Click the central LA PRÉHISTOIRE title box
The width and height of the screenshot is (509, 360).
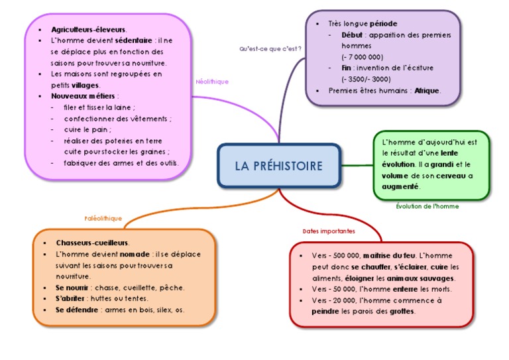[278, 165]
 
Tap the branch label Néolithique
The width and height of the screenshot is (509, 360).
[212, 82]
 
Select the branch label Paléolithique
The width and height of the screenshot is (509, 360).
[103, 218]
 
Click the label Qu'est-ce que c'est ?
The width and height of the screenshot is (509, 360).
[270, 49]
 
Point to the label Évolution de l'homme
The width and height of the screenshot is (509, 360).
[427, 206]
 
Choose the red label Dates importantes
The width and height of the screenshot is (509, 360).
[328, 231]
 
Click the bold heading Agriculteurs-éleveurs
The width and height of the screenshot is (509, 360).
[88, 30]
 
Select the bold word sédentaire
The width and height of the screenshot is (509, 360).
[134, 40]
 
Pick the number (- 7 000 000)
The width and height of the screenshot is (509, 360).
[362, 57]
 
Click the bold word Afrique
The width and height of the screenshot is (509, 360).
[427, 91]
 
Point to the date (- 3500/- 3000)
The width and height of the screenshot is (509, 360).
[363, 79]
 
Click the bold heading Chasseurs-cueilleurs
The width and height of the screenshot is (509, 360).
[92, 243]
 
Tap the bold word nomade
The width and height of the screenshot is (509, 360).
[135, 254]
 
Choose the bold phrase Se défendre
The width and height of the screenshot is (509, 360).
[76, 310]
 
